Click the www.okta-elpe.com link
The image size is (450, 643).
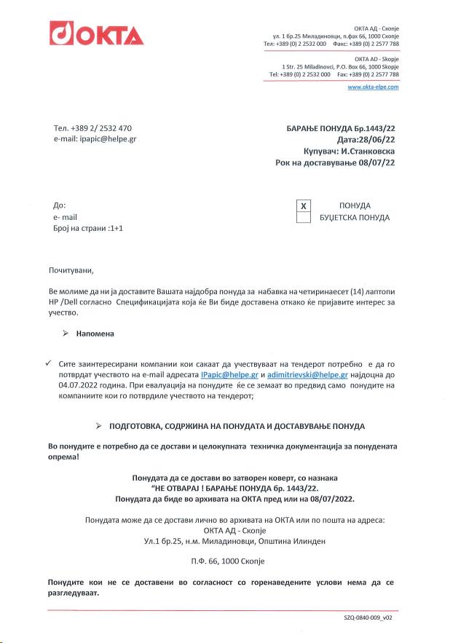pyautogui.click(x=373, y=87)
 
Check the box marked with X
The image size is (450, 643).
pyautogui.click(x=305, y=206)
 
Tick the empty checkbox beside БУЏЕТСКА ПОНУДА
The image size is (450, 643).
pyautogui.click(x=305, y=217)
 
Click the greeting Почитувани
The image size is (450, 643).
pyautogui.click(x=71, y=270)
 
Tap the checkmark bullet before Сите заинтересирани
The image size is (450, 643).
pyautogui.click(x=47, y=362)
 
